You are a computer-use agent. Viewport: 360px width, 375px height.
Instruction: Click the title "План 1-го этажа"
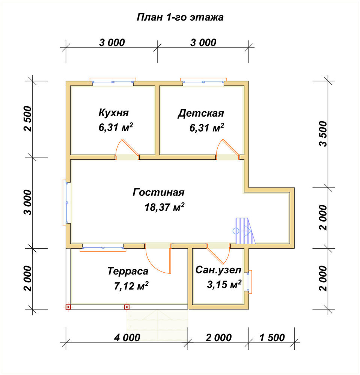coord(180,18)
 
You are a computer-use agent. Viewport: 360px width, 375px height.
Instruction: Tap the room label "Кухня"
coord(114,112)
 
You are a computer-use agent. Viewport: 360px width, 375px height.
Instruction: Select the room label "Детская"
coord(201,113)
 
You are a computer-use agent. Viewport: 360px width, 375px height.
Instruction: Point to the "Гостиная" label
coord(158,192)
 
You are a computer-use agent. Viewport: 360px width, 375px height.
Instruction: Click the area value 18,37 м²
coord(164,207)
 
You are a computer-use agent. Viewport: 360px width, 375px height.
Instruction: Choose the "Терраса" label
coord(128,271)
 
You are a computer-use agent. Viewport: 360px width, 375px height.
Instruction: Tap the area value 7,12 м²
coord(131,286)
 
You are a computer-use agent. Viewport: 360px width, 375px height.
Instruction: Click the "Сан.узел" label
coord(218,270)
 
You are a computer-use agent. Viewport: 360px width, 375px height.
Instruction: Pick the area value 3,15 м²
coord(224,285)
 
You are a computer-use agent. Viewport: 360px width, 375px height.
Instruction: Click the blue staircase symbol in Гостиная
coord(244,231)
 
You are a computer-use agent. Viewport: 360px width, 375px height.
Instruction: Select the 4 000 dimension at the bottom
coord(127,338)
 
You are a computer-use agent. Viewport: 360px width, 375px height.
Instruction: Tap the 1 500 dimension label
coord(272,338)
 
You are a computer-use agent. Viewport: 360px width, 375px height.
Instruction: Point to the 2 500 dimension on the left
coord(28,118)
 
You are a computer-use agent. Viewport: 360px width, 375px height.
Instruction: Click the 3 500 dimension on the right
coord(323,134)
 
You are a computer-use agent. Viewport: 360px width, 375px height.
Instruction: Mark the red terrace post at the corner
coord(68,307)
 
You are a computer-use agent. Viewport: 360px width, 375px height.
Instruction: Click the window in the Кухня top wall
coord(113,82)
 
